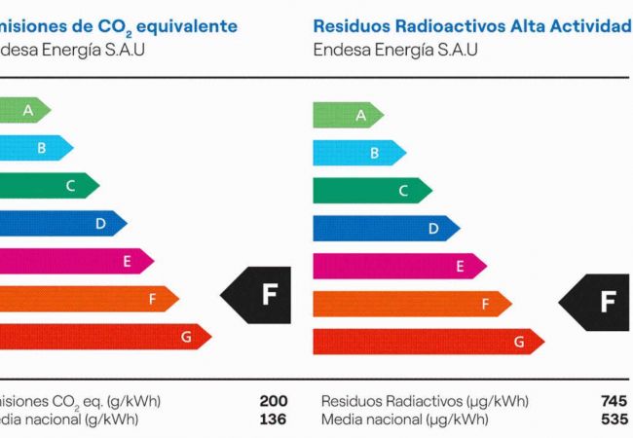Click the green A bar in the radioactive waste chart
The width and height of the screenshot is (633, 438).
pos(348,115)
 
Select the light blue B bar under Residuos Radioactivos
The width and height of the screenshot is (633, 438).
pos(359,153)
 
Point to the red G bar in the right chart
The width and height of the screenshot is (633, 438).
pos(427,342)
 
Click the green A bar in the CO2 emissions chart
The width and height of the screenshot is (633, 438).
pos(25,110)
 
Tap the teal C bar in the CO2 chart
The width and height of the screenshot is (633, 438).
pos(50,185)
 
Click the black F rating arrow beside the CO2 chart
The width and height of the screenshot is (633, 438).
pos(259,293)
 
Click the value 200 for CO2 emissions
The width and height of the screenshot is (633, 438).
pos(273,401)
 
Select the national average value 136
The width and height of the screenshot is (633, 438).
pos(273,420)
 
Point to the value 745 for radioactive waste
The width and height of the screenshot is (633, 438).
pos(614,401)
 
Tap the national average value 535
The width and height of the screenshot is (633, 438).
pos(614,420)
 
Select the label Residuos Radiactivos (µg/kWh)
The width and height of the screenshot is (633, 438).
pos(424,401)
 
